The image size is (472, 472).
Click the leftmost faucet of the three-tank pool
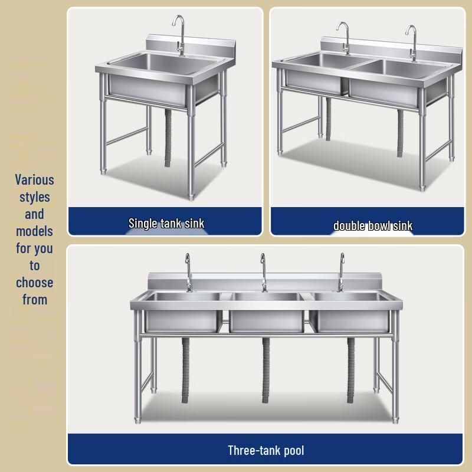pyautogui.click(x=188, y=272)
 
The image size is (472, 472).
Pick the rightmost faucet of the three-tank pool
pyautogui.click(x=341, y=272)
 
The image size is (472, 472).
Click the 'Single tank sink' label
pyautogui.click(x=166, y=224)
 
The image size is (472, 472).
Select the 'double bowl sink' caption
pyautogui.click(x=373, y=225)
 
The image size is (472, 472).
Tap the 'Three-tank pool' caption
pyautogui.click(x=266, y=451)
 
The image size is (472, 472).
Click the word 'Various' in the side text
pyautogui.click(x=34, y=180)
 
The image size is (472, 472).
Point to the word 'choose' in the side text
pyautogui.click(x=34, y=283)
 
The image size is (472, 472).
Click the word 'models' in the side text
pyautogui.click(x=34, y=231)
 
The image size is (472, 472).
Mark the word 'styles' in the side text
pyautogui.click(x=34, y=197)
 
